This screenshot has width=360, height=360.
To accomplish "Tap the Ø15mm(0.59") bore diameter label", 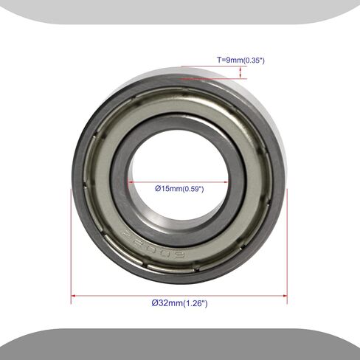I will point(179,189).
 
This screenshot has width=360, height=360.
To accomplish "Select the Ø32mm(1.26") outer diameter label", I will point(179,304).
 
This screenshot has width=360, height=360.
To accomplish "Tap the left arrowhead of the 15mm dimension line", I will point(130,181).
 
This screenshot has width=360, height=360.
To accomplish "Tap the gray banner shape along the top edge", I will point(180,12).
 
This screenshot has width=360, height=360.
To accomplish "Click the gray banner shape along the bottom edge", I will point(180,345).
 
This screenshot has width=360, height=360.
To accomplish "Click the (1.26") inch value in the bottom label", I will point(194,304).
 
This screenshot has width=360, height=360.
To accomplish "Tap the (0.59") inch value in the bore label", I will point(191,189).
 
